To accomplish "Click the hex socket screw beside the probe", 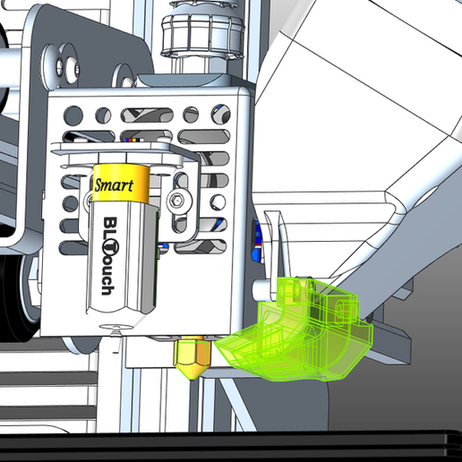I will click(183, 201).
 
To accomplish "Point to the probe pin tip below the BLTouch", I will click(113, 324).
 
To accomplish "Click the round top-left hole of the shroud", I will click(73, 115).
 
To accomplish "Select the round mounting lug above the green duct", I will click(265, 288).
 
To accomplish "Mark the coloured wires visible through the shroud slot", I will click(134, 141).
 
